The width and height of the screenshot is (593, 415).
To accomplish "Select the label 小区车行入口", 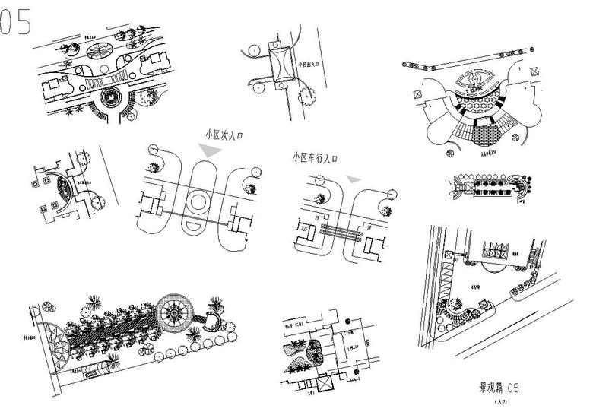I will (314, 159).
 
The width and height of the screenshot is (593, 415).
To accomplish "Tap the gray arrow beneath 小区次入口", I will (212, 151).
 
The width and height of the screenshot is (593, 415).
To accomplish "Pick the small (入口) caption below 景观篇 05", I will (499, 401).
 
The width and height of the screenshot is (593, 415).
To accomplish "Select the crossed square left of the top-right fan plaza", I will (417, 95).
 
